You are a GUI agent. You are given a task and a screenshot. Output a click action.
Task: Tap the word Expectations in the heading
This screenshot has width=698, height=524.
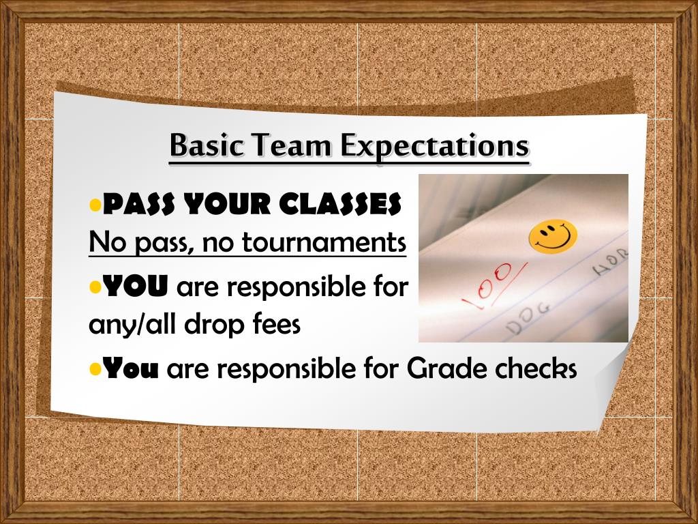[435, 146]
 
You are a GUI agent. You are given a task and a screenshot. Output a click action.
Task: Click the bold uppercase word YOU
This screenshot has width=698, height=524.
[135, 288]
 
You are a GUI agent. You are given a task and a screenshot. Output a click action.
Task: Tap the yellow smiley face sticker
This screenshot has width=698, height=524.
[553, 236]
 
